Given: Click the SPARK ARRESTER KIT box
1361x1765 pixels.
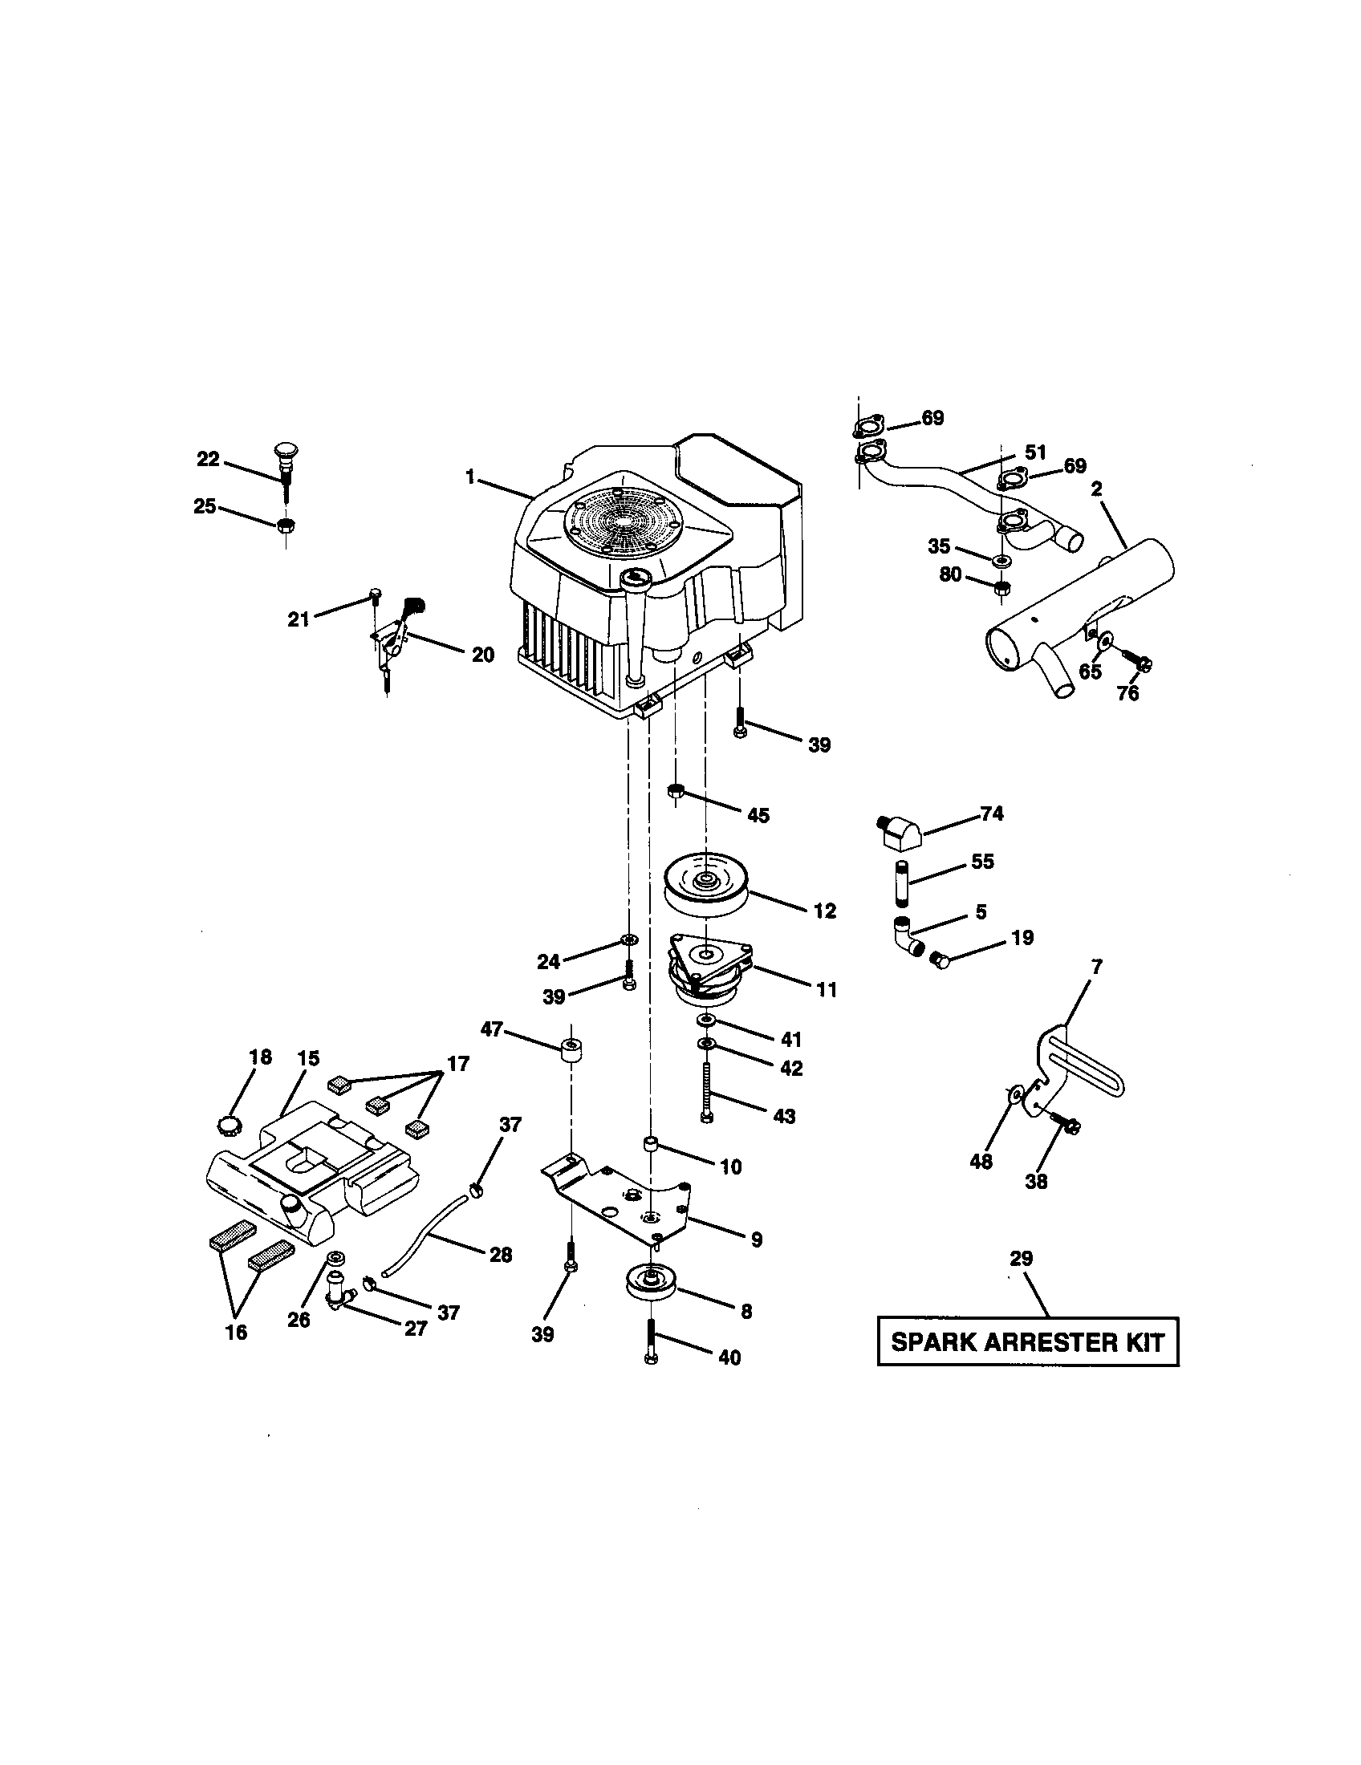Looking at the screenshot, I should [1027, 1342].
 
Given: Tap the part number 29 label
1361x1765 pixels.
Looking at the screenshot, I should [1022, 1258].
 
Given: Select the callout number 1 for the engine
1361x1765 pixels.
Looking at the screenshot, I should [470, 477].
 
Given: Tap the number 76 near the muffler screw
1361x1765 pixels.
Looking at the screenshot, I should [1127, 693].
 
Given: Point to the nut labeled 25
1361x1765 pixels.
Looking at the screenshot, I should [285, 526].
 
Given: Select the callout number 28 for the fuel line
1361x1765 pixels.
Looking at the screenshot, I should [501, 1254].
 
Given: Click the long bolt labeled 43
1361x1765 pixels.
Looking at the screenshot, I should [707, 1090].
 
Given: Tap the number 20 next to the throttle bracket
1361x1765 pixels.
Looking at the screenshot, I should [482, 655].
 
